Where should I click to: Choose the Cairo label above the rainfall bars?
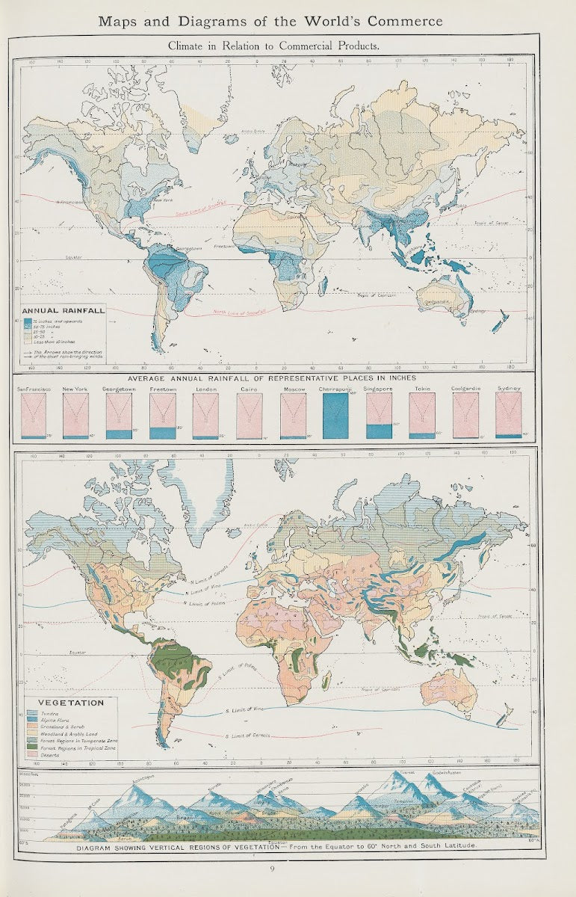click(x=248, y=389)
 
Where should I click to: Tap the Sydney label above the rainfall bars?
click(x=508, y=389)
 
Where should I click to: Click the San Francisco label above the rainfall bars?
click(x=33, y=389)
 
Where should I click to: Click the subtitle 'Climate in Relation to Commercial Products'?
click(x=273, y=46)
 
